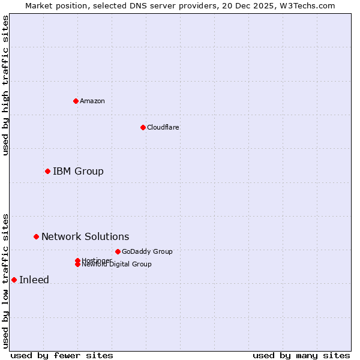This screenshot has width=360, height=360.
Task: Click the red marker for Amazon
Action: tap(76, 101)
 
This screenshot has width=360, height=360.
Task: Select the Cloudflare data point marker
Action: tap(143, 127)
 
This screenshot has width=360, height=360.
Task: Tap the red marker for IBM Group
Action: tap(47, 172)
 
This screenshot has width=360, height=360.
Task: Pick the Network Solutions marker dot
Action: tap(36, 237)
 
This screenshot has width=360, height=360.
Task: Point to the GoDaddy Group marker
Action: tap(118, 251)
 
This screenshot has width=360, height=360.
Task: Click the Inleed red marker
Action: tap(14, 280)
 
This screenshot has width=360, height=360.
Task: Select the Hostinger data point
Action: tap(77, 260)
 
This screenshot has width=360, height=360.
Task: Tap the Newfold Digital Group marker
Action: tap(77, 265)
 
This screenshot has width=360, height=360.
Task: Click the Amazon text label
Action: tap(92, 101)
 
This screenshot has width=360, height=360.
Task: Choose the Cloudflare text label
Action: tap(163, 127)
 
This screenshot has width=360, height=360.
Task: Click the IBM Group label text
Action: tap(78, 172)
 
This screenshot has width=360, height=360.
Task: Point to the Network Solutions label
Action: tap(85, 237)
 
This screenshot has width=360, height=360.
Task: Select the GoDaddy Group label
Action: tap(147, 251)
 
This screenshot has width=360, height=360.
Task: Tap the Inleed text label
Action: tap(34, 280)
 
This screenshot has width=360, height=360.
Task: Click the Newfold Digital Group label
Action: tap(116, 265)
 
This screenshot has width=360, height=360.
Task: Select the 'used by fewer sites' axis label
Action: tap(62, 355)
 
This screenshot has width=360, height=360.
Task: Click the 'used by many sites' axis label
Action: tap(301, 355)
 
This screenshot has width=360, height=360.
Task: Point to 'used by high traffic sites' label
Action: tap(5, 85)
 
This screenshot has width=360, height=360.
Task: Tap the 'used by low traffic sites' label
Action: tap(5, 281)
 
